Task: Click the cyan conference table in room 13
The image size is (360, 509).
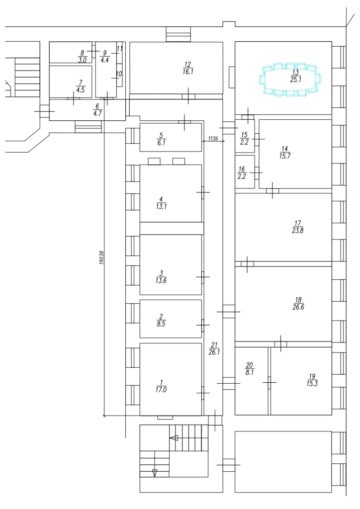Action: [291, 78]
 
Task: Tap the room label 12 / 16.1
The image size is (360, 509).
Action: [187, 68]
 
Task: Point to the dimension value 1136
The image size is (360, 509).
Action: [213, 138]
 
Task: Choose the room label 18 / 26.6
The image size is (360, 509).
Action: [298, 304]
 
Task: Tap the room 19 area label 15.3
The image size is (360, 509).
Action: [312, 382]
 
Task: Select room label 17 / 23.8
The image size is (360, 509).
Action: [298, 226]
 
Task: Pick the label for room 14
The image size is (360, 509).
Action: [284, 152]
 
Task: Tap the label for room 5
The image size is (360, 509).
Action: [160, 138]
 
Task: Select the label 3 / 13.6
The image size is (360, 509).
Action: [161, 276]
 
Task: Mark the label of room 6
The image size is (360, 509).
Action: [97, 109]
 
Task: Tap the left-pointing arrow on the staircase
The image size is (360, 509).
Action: [174, 438]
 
